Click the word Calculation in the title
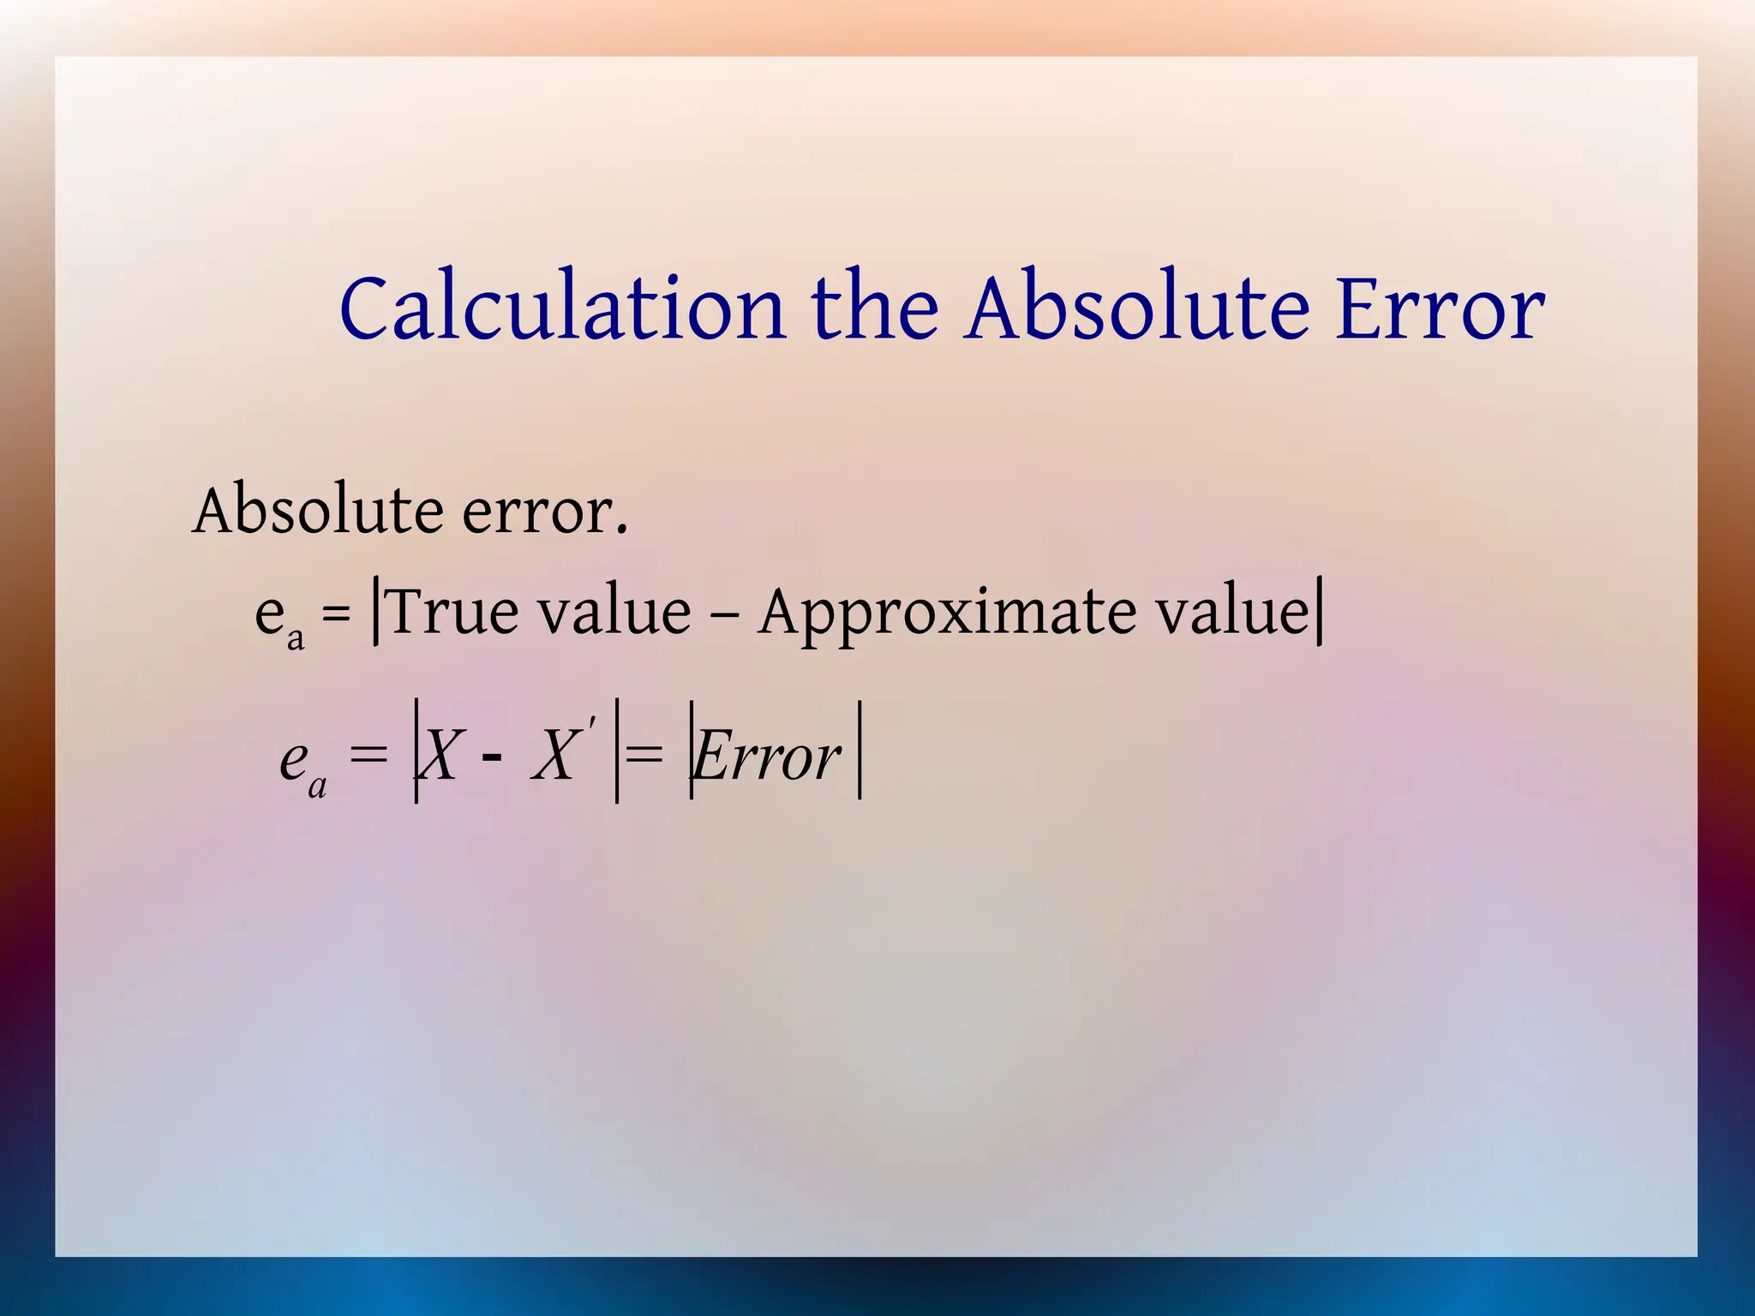tap(561, 308)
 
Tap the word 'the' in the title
tap(874, 308)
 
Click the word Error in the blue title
tap(1440, 308)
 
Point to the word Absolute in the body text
tap(317, 511)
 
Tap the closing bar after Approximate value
tap(1319, 611)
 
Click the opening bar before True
tap(376, 611)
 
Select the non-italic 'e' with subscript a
tap(270, 613)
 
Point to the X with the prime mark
tap(555, 754)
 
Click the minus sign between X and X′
tap(492, 757)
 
